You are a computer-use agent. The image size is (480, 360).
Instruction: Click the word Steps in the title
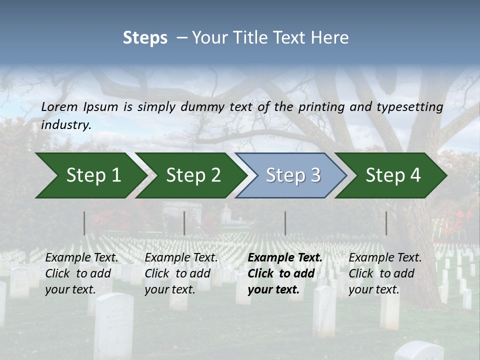145,38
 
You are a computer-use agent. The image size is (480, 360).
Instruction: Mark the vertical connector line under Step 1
84,223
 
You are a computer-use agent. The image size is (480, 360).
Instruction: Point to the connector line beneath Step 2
184,223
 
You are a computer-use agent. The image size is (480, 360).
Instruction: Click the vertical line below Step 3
285,223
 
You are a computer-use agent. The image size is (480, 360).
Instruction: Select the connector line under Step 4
386,223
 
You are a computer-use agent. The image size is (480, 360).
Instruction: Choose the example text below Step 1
81,273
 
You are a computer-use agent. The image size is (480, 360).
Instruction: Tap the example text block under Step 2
181,273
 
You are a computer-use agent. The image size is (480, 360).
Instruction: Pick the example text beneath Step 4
385,273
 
